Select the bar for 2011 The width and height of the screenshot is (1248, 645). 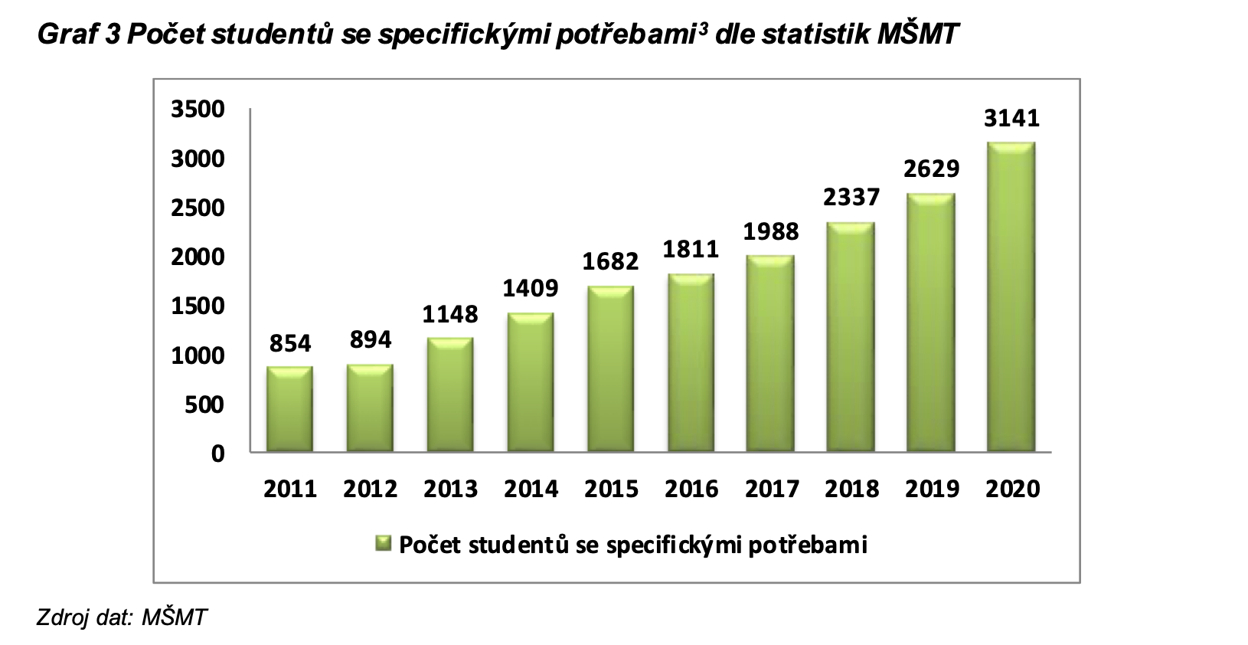[289, 410]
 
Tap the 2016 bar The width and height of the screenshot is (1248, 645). [691, 363]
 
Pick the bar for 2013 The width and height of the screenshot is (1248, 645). [450, 395]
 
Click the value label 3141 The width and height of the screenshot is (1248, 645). [1012, 119]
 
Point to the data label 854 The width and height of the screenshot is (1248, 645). [290, 344]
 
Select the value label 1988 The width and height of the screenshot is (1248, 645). [771, 231]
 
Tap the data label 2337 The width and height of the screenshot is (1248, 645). [851, 198]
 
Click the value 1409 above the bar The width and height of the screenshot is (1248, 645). [531, 289]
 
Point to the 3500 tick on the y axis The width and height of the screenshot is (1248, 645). [198, 110]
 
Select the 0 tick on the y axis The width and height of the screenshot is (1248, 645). [218, 453]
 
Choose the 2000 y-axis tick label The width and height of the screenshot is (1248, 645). [198, 257]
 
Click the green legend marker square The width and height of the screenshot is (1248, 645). [383, 545]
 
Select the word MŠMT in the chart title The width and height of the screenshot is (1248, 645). [916, 34]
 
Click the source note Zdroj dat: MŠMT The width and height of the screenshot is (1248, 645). [122, 617]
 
